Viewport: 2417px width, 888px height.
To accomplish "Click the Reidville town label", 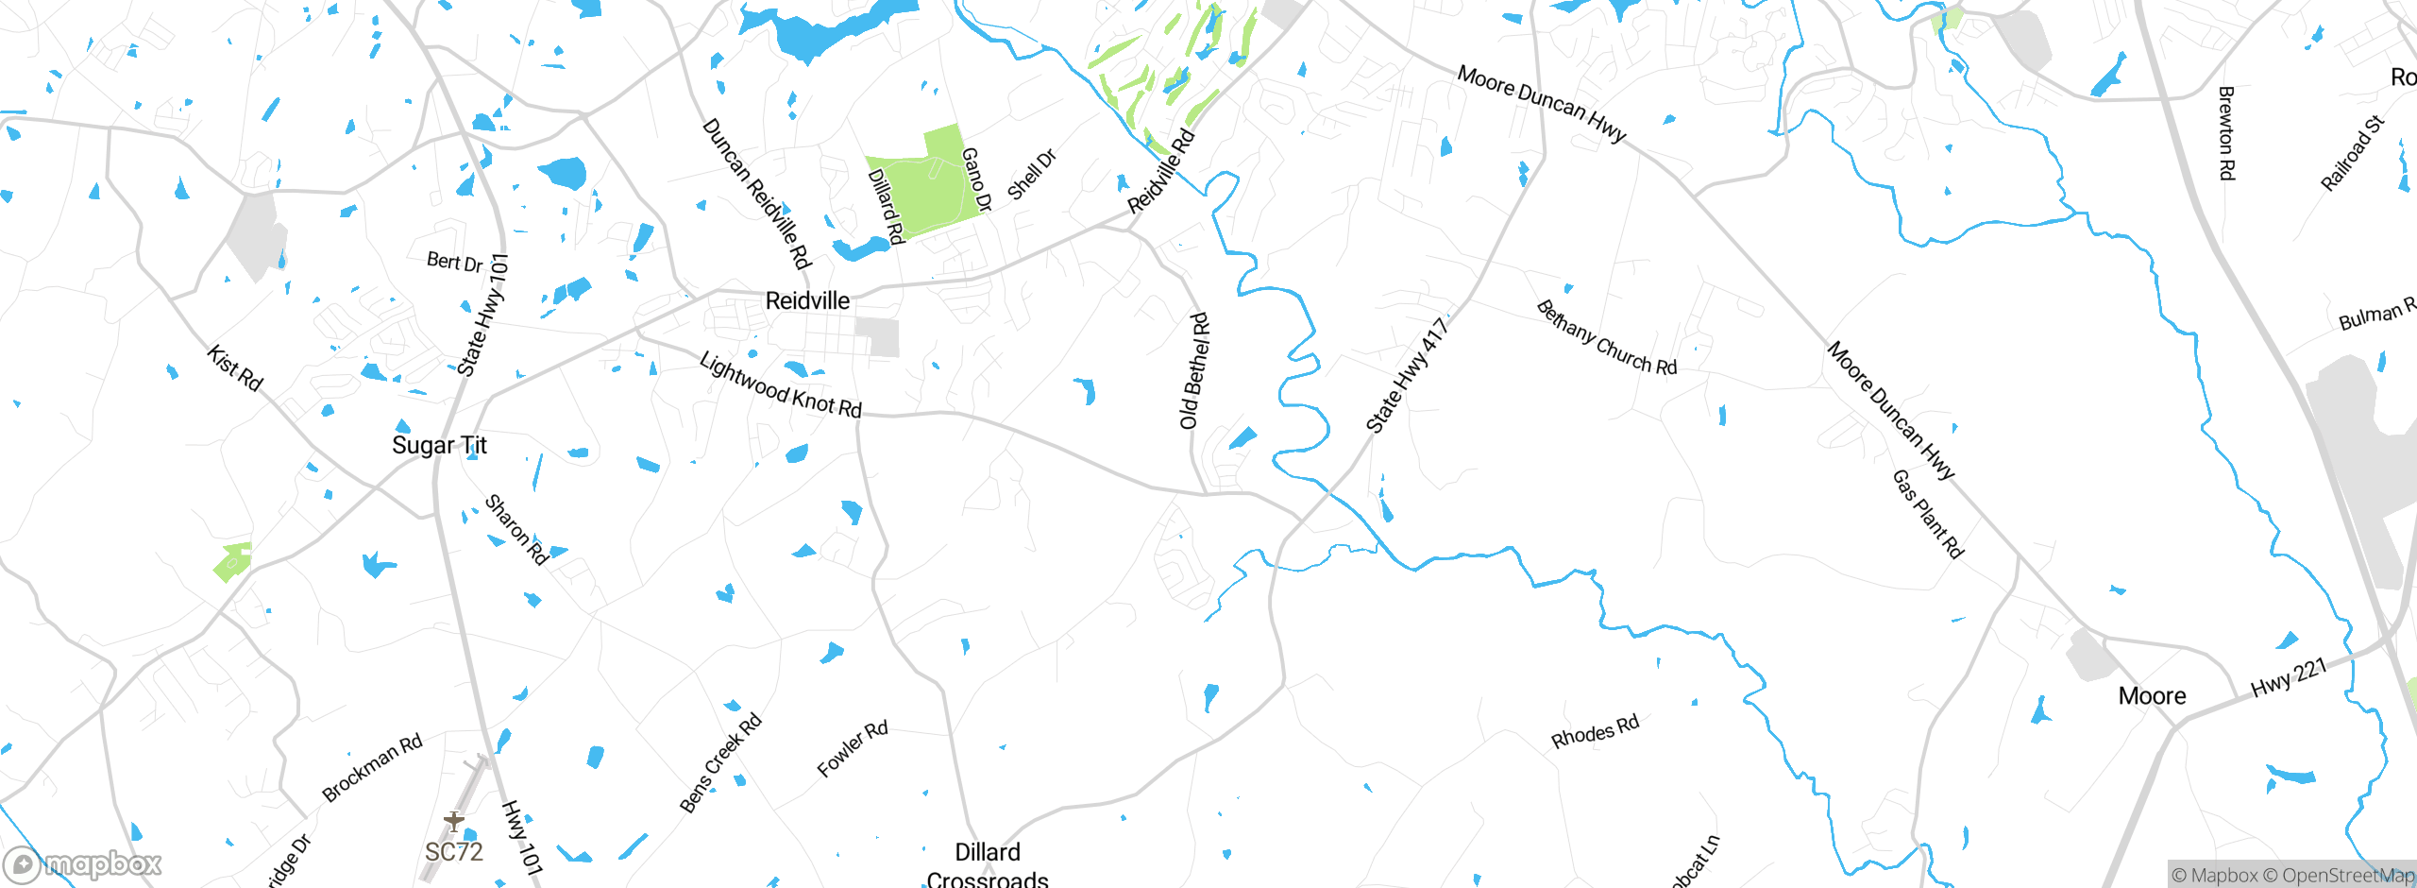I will pyautogui.click(x=807, y=301).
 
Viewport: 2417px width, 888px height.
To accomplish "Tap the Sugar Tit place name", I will pyautogui.click(x=439, y=445).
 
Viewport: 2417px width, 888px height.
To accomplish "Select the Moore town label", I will pyautogui.click(x=2152, y=696).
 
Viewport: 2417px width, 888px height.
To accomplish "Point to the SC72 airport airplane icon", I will pyautogui.click(x=454, y=821).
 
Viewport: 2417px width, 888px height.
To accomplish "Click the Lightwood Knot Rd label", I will pyautogui.click(x=781, y=386).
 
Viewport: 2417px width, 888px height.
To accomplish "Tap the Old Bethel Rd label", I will pyautogui.click(x=1194, y=371).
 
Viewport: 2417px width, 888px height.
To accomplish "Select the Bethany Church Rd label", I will pyautogui.click(x=1606, y=338).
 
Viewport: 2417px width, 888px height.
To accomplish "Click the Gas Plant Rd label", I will pyautogui.click(x=1927, y=514).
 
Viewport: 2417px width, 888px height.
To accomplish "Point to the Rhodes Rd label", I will pyautogui.click(x=1595, y=731).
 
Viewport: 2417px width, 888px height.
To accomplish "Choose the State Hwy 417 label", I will pyautogui.click(x=1407, y=375).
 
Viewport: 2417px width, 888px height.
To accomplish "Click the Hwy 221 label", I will pyautogui.click(x=2289, y=676).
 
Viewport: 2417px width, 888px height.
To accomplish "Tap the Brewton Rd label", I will pyautogui.click(x=2226, y=133).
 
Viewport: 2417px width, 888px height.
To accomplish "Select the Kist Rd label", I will pyautogui.click(x=235, y=368).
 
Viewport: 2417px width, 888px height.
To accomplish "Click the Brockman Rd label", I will pyautogui.click(x=372, y=767).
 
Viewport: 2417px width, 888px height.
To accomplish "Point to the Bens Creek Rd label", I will pyautogui.click(x=720, y=762).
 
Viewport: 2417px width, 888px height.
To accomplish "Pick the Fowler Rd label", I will pyautogui.click(x=853, y=748).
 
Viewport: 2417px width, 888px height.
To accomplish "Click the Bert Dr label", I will pyautogui.click(x=454, y=262).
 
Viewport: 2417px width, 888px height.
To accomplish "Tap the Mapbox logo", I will pyautogui.click(x=83, y=863).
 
